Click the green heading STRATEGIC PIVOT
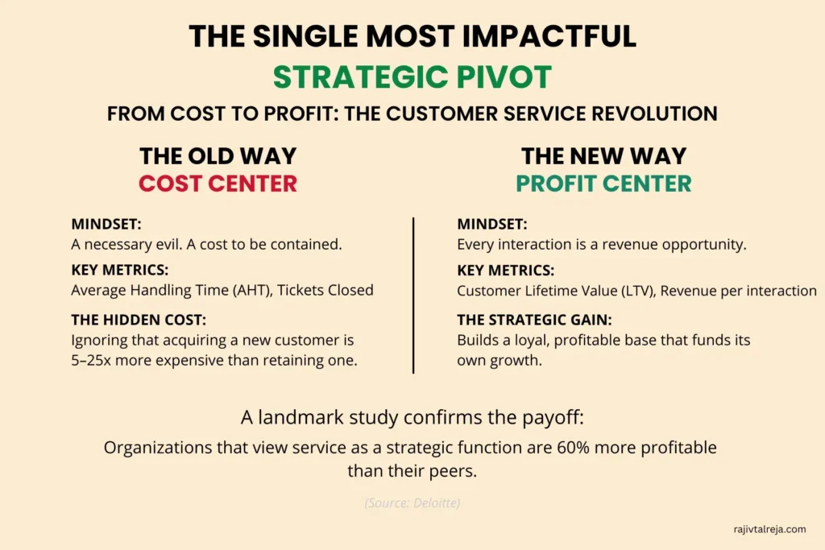[x=412, y=77]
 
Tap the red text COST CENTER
[x=218, y=184]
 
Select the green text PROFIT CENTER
[x=603, y=184]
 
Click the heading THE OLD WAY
[x=218, y=155]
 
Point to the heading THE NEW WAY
[x=603, y=155]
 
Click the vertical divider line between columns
[x=413, y=295]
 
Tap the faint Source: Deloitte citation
[x=412, y=503]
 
